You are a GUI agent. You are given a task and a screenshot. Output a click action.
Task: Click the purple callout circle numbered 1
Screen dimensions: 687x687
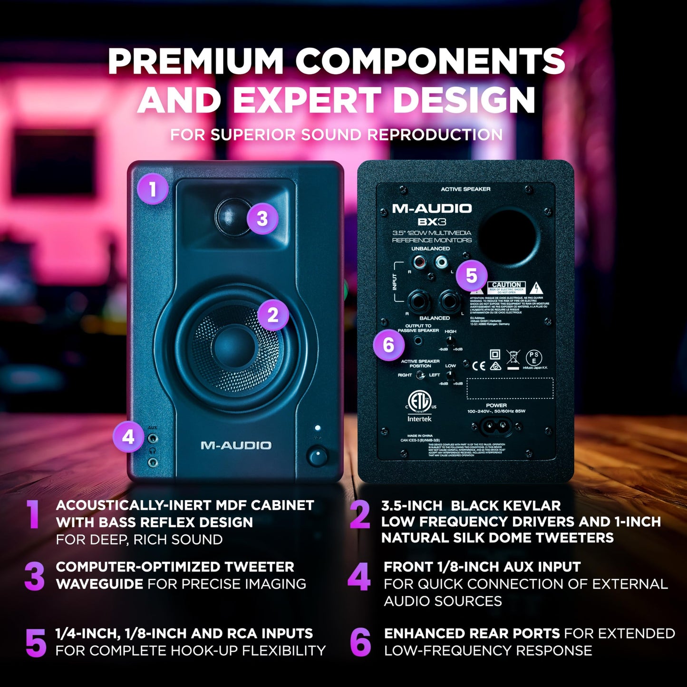click(x=152, y=189)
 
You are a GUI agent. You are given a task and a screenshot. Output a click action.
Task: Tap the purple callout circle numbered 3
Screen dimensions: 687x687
click(x=262, y=218)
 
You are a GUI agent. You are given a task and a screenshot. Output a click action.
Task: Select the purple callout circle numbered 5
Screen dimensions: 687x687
click(x=471, y=275)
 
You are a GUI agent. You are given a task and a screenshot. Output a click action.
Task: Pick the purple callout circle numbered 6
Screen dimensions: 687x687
click(x=388, y=345)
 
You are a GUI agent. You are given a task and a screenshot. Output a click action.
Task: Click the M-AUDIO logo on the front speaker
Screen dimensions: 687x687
click(x=236, y=445)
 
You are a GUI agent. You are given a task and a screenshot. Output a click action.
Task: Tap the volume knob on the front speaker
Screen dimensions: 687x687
click(x=317, y=456)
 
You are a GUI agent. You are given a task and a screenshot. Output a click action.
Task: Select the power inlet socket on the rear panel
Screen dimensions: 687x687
click(x=496, y=426)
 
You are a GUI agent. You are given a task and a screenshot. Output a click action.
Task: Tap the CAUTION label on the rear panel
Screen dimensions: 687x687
click(x=506, y=285)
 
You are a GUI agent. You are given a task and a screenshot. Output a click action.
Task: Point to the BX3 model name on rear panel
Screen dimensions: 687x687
click(x=432, y=222)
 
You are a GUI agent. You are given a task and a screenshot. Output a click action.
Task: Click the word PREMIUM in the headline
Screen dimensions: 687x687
click(x=195, y=62)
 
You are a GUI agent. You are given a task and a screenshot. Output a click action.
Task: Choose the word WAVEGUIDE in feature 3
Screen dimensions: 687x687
click(x=99, y=584)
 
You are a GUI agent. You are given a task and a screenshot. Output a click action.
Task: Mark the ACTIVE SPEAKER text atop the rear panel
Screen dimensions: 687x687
click(x=465, y=189)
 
